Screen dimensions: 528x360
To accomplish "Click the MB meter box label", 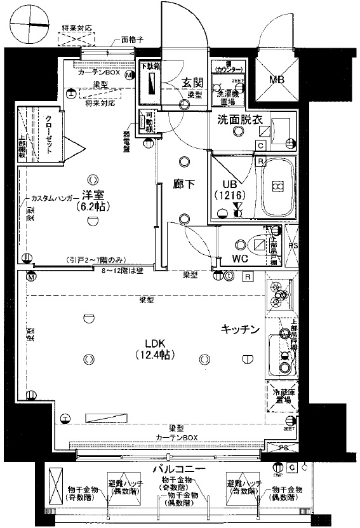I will [277, 81].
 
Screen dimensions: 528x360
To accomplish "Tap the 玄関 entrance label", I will [192, 83].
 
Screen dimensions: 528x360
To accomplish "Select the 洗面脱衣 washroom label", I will [238, 118].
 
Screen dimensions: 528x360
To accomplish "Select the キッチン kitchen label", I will [240, 328].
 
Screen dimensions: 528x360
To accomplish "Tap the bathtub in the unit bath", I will [277, 187].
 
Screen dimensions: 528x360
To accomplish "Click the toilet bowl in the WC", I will [258, 245].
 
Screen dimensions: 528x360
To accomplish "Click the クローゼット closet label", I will [50, 135].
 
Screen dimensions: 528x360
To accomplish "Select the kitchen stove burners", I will [279, 295].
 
